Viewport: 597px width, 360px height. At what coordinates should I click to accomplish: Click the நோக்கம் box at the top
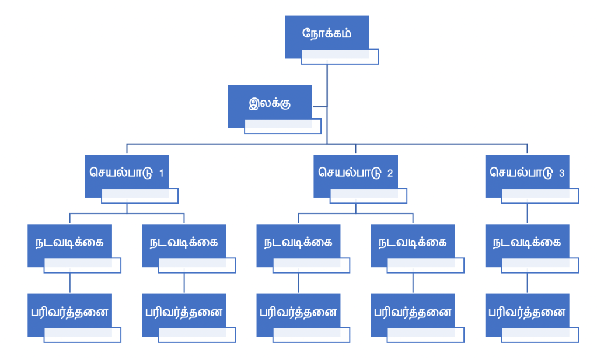click(327, 34)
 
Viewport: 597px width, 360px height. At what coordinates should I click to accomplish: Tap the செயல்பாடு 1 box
click(127, 173)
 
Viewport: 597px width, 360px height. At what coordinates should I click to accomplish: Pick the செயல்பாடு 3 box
click(527, 173)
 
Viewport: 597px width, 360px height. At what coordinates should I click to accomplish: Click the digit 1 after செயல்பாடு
click(161, 173)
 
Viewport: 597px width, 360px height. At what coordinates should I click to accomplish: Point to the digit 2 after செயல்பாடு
click(390, 173)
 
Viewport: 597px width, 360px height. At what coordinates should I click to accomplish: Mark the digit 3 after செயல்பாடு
click(561, 173)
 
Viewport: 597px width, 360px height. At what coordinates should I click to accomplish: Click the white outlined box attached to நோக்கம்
click(340, 57)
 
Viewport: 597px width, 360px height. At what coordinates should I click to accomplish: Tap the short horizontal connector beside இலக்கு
click(320, 107)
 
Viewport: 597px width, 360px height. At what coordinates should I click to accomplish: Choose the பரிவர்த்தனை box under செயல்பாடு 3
click(527, 313)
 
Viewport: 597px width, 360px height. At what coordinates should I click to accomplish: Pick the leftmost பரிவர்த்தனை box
click(69, 313)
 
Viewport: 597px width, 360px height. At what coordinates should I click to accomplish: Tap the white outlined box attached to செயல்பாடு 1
click(139, 196)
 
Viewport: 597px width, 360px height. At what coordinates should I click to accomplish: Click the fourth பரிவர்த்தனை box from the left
click(413, 313)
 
